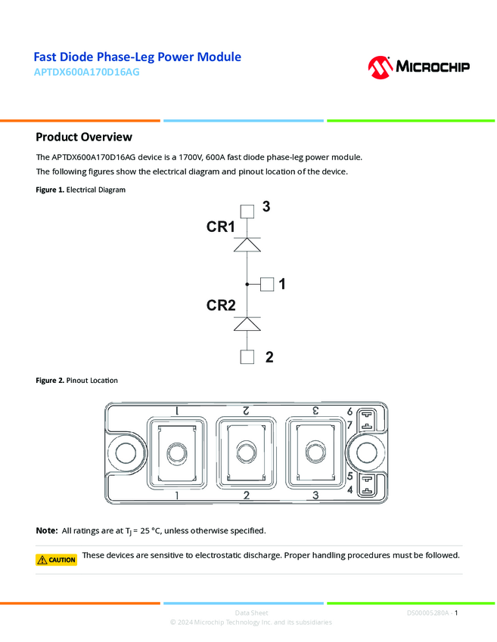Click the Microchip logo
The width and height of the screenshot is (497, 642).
[x=418, y=66]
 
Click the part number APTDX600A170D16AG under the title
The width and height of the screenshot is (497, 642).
[x=86, y=73]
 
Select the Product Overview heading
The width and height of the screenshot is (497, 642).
[x=84, y=137]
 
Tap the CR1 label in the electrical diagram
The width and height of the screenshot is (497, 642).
[x=221, y=227]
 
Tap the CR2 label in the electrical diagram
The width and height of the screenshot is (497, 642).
[x=221, y=305]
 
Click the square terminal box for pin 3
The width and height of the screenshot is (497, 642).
[x=247, y=211]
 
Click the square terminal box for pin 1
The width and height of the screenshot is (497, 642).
[x=267, y=284]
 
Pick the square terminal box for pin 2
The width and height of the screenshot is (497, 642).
[x=247, y=357]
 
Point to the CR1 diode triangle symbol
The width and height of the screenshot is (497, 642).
[x=247, y=245]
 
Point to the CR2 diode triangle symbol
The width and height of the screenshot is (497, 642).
[x=247, y=323]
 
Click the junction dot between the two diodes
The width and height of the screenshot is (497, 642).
[x=247, y=284]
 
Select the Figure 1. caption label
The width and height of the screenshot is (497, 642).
[x=51, y=190]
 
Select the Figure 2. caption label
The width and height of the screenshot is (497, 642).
[x=51, y=380]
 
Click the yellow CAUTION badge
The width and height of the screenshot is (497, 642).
[x=57, y=560]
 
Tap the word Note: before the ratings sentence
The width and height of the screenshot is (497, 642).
[x=47, y=531]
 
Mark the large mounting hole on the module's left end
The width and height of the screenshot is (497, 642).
[x=126, y=453]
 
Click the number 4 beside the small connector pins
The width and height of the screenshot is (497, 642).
[x=349, y=490]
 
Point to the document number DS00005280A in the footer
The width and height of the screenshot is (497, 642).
[x=427, y=613]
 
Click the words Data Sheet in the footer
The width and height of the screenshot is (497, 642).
[x=251, y=613]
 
